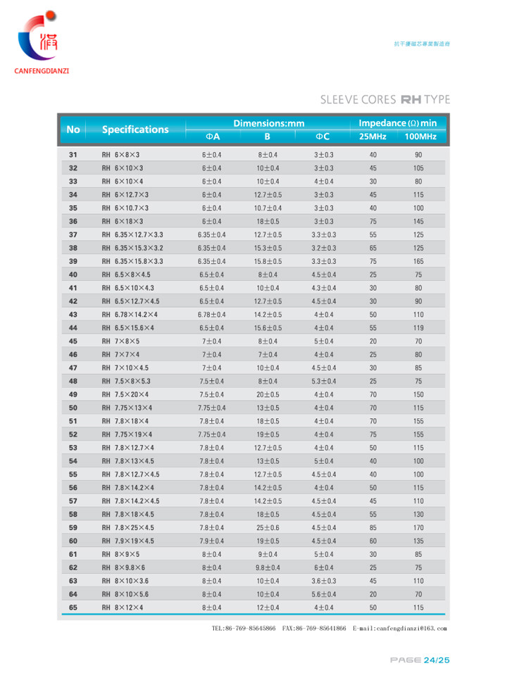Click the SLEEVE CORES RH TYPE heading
(384, 99)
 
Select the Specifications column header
(135, 130)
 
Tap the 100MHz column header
(421, 137)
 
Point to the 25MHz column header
(373, 137)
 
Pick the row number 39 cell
(73, 260)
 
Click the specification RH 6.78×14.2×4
(130, 314)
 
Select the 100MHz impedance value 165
(418, 260)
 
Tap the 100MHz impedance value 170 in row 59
(418, 527)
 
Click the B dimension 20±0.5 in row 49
(268, 394)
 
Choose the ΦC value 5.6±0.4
(324, 594)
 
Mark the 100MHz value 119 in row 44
(418, 327)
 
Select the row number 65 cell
(73, 607)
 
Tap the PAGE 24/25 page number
(420, 660)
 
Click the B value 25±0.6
(268, 527)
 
